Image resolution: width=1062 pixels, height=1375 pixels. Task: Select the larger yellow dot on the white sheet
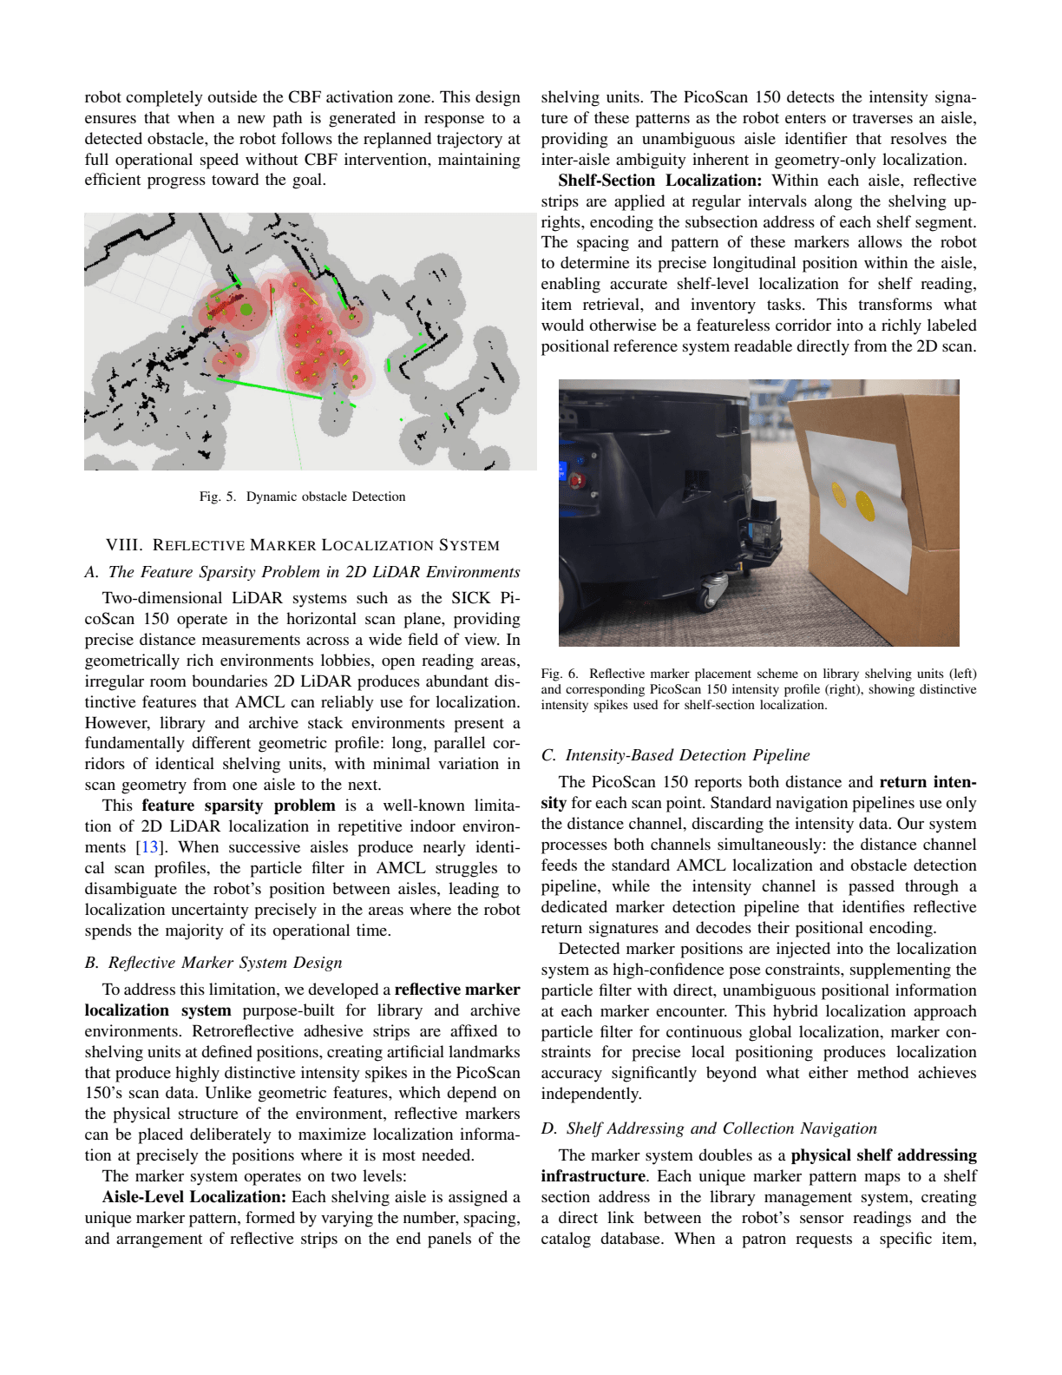[x=862, y=503]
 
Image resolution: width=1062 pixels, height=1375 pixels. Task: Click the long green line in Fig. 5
[x=269, y=388]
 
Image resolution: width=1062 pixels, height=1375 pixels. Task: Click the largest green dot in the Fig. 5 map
[x=246, y=309]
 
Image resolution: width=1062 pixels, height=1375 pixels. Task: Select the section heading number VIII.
[x=122, y=545]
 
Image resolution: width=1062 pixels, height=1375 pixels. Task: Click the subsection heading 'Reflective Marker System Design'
[x=225, y=963]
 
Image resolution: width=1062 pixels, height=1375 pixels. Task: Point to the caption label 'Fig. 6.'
[x=559, y=674]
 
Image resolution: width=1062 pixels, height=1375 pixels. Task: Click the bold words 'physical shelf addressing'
[x=883, y=1155]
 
